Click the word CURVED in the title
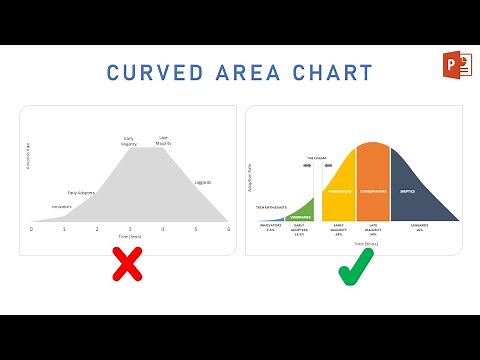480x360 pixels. point(150,73)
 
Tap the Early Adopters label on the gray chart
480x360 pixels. point(82,192)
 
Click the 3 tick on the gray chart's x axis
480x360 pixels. point(130,229)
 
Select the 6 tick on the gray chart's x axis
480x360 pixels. point(228,229)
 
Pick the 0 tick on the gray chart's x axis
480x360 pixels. point(31,229)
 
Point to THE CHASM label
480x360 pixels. point(318,158)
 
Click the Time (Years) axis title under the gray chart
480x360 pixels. point(130,238)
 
